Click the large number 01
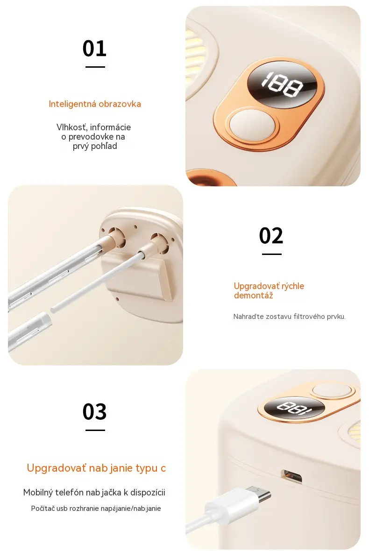pyautogui.click(x=94, y=49)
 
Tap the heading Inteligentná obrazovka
pyautogui.click(x=95, y=104)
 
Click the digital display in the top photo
pyautogui.click(x=282, y=85)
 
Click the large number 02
pyautogui.click(x=271, y=235)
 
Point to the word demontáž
pyautogui.click(x=253, y=296)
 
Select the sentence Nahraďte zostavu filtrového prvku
pyautogui.click(x=289, y=317)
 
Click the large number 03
pyautogui.click(x=94, y=411)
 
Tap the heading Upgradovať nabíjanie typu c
pyautogui.click(x=96, y=468)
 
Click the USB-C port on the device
pyautogui.click(x=291, y=476)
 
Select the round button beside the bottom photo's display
pyautogui.click(x=332, y=391)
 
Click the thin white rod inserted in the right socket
pyautogui.click(x=98, y=282)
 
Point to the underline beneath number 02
pyautogui.click(x=272, y=254)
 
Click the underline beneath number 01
pyautogui.click(x=95, y=67)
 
